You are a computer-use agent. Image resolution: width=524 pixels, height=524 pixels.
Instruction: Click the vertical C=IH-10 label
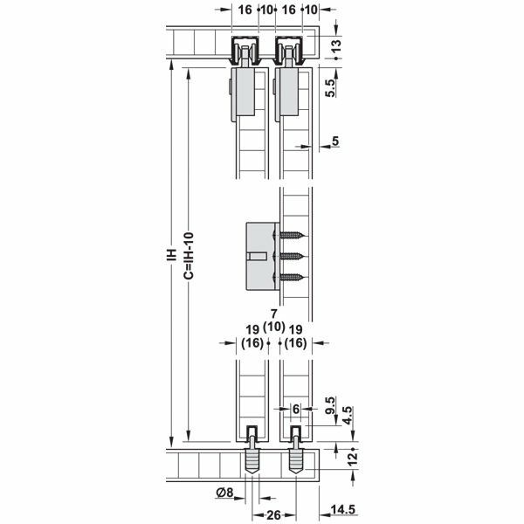point(189,253)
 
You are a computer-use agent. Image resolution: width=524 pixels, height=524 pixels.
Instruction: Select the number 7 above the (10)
point(273,314)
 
